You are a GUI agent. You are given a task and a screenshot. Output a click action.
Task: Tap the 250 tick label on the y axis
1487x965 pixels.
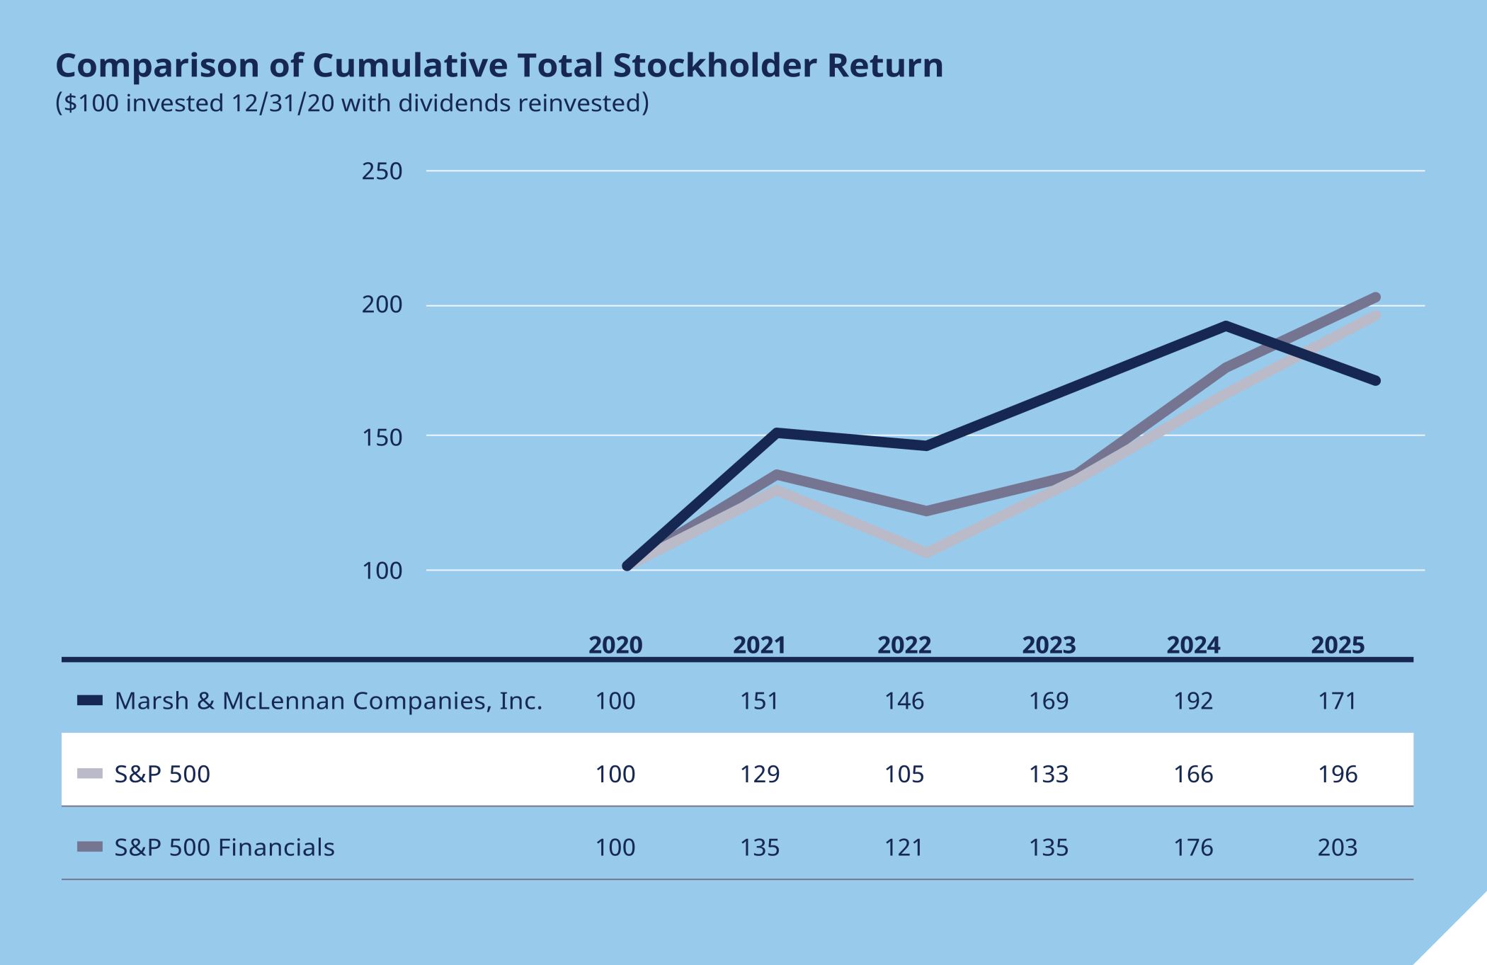click(x=382, y=171)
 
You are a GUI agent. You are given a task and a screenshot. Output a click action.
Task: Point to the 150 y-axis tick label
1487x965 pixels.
click(x=382, y=438)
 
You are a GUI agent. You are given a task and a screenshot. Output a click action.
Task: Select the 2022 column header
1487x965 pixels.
click(x=904, y=645)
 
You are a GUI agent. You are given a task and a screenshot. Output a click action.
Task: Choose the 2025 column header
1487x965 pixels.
click(x=1338, y=645)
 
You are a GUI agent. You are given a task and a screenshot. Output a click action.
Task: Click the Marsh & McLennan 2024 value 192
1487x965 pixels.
click(x=1193, y=701)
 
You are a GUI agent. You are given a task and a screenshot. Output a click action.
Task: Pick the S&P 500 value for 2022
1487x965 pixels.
click(x=904, y=774)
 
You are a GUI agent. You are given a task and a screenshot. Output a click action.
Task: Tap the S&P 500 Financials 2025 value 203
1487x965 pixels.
click(x=1338, y=847)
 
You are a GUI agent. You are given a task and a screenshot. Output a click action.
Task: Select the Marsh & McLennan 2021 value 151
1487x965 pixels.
click(x=760, y=701)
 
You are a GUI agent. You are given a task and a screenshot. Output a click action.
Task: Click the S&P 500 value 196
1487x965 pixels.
click(x=1338, y=774)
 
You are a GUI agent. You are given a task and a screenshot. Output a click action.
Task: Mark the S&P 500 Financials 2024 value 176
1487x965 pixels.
click(x=1193, y=847)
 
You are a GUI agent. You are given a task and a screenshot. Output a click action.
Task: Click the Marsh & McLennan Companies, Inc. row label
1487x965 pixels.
click(x=328, y=701)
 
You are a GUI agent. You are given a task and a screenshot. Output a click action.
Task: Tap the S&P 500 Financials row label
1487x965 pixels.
click(x=224, y=847)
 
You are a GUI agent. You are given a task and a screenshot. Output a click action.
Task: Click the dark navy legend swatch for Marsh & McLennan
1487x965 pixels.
click(x=90, y=701)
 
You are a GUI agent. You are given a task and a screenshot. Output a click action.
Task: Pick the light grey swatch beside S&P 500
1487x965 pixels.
click(x=90, y=774)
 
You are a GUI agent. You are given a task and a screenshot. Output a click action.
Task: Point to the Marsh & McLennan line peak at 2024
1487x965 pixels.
click(x=1226, y=326)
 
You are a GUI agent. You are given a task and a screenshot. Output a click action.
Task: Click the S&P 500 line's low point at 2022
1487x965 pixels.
click(x=927, y=552)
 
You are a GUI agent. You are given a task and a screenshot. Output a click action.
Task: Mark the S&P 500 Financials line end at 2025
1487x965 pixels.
click(x=1375, y=298)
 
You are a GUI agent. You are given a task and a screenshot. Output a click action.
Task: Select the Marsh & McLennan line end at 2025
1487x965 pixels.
click(x=1375, y=381)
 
